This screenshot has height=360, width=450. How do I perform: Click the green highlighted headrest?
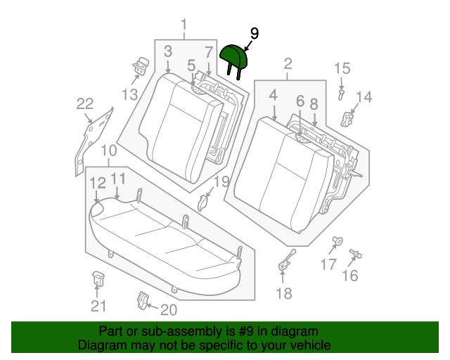pyautogui.click(x=233, y=58)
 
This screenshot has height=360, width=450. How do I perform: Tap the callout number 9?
pyautogui.click(x=255, y=34)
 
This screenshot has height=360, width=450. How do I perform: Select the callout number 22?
pyautogui.click(x=85, y=104)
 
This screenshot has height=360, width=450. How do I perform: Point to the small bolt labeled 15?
pyautogui.click(x=340, y=94)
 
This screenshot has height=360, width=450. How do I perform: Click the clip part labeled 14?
pyautogui.click(x=347, y=120)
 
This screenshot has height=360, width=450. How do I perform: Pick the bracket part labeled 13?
pyautogui.click(x=141, y=65)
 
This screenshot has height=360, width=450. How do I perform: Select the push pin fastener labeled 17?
pyautogui.click(x=337, y=240)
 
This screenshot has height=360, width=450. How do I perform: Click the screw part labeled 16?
pyautogui.click(x=355, y=253)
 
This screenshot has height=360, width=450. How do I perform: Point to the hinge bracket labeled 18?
pyautogui.click(x=286, y=261)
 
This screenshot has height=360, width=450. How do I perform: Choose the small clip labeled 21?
pyautogui.click(x=98, y=278)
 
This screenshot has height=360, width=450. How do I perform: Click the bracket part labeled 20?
pyautogui.click(x=143, y=300)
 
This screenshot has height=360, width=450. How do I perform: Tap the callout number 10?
pyautogui.click(x=109, y=150)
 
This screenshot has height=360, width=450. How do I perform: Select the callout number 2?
pyautogui.click(x=288, y=64)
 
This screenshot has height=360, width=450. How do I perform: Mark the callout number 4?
pyautogui.click(x=274, y=96)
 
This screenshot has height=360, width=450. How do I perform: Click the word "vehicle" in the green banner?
pyautogui.click(x=313, y=345)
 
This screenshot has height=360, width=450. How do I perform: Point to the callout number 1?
pyautogui.click(x=184, y=25)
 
